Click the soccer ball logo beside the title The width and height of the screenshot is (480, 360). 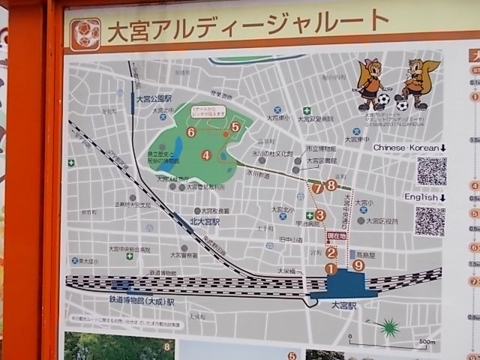[x=85, y=34]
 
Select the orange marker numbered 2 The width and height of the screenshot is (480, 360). [x=331, y=253]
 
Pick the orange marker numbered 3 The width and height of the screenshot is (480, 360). [x=320, y=215]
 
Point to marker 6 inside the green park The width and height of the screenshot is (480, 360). [x=191, y=132]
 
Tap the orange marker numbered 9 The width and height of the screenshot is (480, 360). [x=358, y=265]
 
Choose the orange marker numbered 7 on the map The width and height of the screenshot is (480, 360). [x=318, y=187]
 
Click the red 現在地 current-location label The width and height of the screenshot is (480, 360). [x=337, y=236]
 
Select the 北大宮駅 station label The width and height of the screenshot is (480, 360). [x=204, y=222]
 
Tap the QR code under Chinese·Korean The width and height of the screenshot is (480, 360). [x=431, y=171]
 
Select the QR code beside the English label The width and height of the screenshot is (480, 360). [x=430, y=222]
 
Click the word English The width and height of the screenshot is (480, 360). [x=420, y=197]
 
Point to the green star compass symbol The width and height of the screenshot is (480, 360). [x=388, y=327]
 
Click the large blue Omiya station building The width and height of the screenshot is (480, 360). [x=338, y=286]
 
